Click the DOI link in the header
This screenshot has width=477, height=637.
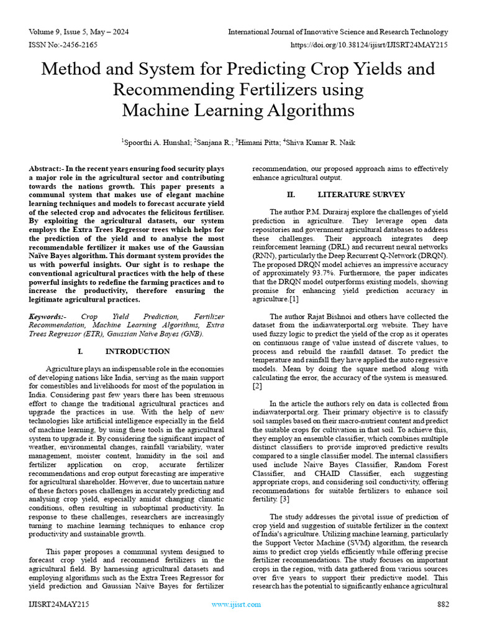(x=369, y=45)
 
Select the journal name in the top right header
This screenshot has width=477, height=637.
(x=338, y=32)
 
